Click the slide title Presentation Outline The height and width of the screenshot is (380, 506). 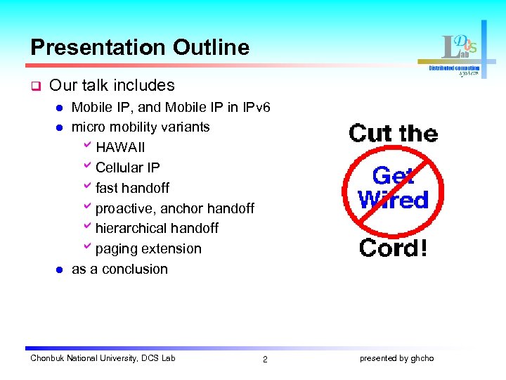tap(140, 47)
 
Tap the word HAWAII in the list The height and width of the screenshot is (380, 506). tap(120, 148)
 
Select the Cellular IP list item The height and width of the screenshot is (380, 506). tap(127, 167)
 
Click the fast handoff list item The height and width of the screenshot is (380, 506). tap(132, 188)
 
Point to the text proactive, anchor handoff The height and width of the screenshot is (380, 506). tap(174, 208)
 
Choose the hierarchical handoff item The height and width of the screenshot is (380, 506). tap(157, 228)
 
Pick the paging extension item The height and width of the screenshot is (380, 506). tap(148, 248)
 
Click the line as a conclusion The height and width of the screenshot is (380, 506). tap(119, 269)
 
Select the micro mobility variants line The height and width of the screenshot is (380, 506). tap(141, 127)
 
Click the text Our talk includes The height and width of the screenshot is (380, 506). tap(112, 85)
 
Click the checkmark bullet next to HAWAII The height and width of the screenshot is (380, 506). tap(87, 146)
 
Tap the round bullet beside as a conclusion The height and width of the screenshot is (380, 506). tap(60, 270)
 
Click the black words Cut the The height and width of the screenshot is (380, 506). tap(393, 133)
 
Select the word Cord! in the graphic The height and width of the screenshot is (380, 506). tap(393, 248)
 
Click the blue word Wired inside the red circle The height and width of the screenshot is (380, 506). tap(393, 200)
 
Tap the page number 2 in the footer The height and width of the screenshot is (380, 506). tap(265, 359)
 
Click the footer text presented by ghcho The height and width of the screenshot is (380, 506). tap(396, 358)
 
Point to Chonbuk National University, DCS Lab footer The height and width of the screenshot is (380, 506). tap(103, 358)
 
